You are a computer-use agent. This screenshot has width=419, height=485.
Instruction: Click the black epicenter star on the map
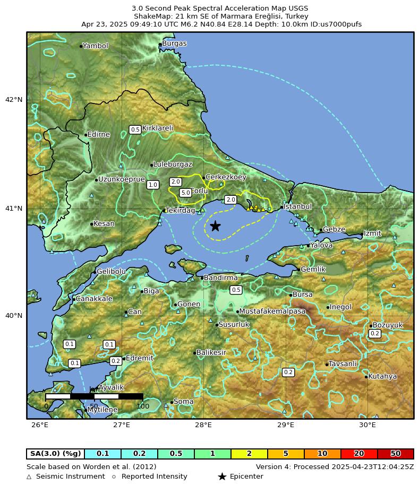click(215, 227)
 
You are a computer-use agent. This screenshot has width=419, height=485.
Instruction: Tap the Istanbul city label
click(297, 206)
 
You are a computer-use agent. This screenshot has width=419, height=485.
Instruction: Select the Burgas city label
click(174, 44)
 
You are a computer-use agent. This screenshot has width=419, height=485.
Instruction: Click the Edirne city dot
click(86, 135)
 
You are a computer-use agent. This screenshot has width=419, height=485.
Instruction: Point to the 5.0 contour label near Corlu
click(185, 193)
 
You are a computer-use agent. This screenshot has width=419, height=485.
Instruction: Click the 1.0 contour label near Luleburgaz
click(153, 185)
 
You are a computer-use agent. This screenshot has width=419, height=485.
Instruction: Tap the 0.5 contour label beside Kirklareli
click(135, 129)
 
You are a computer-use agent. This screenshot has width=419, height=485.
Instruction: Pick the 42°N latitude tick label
click(14, 100)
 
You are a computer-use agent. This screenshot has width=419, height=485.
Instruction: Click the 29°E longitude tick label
click(286, 425)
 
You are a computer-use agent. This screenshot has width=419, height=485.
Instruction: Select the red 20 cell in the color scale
click(359, 454)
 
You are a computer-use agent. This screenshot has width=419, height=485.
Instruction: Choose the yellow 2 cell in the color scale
click(249, 454)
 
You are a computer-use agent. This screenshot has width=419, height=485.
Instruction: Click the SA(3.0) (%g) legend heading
click(56, 454)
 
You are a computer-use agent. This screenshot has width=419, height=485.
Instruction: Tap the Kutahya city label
click(382, 377)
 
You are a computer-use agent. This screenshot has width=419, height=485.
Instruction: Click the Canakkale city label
click(94, 299)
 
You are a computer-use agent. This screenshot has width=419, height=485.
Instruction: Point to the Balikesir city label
click(211, 352)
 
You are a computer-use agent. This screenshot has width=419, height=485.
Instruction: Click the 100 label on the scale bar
click(143, 406)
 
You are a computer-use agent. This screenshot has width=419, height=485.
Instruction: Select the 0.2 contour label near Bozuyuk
click(374, 333)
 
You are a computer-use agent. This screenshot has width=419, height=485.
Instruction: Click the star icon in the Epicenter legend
click(222, 477)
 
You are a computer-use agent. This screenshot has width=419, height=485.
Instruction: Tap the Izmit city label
click(372, 233)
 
